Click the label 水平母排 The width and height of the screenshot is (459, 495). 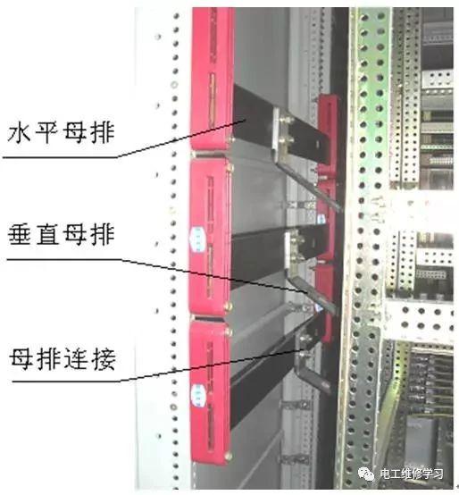(x=61, y=132)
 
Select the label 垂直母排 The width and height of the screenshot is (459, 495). (x=61, y=235)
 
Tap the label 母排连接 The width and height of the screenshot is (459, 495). (x=63, y=359)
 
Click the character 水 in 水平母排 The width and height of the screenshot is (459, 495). (x=20, y=132)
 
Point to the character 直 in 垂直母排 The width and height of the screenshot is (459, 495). (x=47, y=235)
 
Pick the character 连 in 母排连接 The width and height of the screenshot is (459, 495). (x=77, y=359)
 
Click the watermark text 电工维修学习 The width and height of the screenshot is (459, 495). (x=412, y=474)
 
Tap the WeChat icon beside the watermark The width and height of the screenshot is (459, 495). (x=365, y=474)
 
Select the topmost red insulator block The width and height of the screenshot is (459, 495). (x=213, y=79)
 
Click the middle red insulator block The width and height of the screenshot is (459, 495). (x=211, y=237)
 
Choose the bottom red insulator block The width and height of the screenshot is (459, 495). (x=211, y=393)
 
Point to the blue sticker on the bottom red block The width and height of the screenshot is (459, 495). (x=198, y=395)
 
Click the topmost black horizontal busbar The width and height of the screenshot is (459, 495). (x=278, y=125)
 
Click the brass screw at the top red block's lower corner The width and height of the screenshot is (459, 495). (x=232, y=138)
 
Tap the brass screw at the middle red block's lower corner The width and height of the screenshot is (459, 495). (x=229, y=306)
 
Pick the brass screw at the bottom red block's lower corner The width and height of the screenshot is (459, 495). (x=228, y=456)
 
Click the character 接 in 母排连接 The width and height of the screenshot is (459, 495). (x=104, y=359)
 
